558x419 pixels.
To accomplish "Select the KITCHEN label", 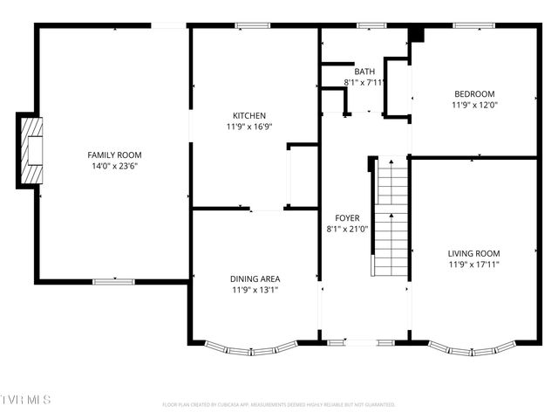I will click(x=248, y=115).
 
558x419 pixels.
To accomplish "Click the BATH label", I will click(x=364, y=72).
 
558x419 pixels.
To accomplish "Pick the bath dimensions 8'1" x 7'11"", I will click(x=364, y=82).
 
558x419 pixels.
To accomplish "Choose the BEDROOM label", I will click(x=474, y=94).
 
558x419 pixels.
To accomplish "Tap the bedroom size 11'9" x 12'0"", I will click(x=474, y=105).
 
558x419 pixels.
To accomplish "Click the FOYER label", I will click(x=347, y=218).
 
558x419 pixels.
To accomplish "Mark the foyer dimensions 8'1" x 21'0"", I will click(x=347, y=229).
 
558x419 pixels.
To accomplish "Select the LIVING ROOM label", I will click(x=474, y=253).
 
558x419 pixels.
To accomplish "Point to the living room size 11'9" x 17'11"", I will click(x=474, y=264).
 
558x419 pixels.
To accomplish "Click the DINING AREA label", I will click(x=255, y=279).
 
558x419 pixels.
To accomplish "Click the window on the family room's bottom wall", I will click(x=114, y=281).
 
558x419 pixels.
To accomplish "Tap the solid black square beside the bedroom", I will click(x=416, y=35).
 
